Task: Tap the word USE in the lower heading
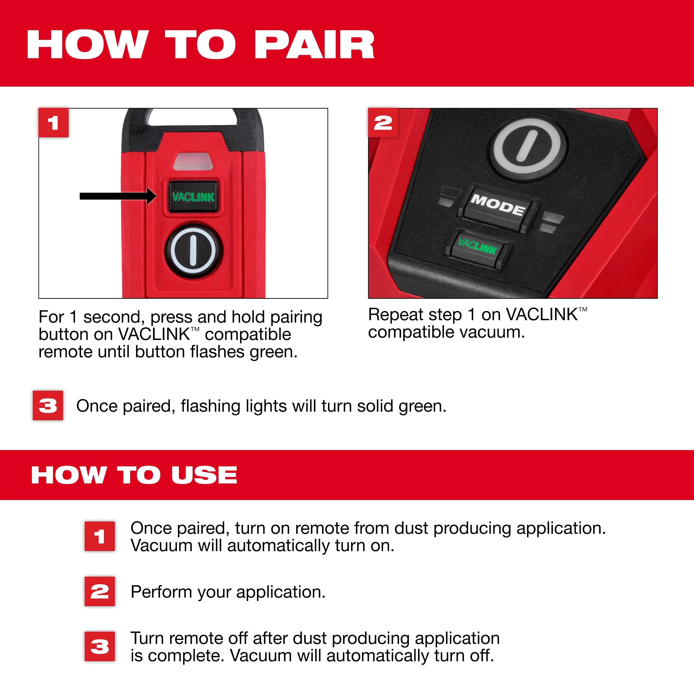click(x=204, y=475)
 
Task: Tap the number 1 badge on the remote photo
click(x=53, y=123)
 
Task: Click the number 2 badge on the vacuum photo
click(x=383, y=123)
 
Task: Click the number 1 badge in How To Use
click(x=99, y=536)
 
